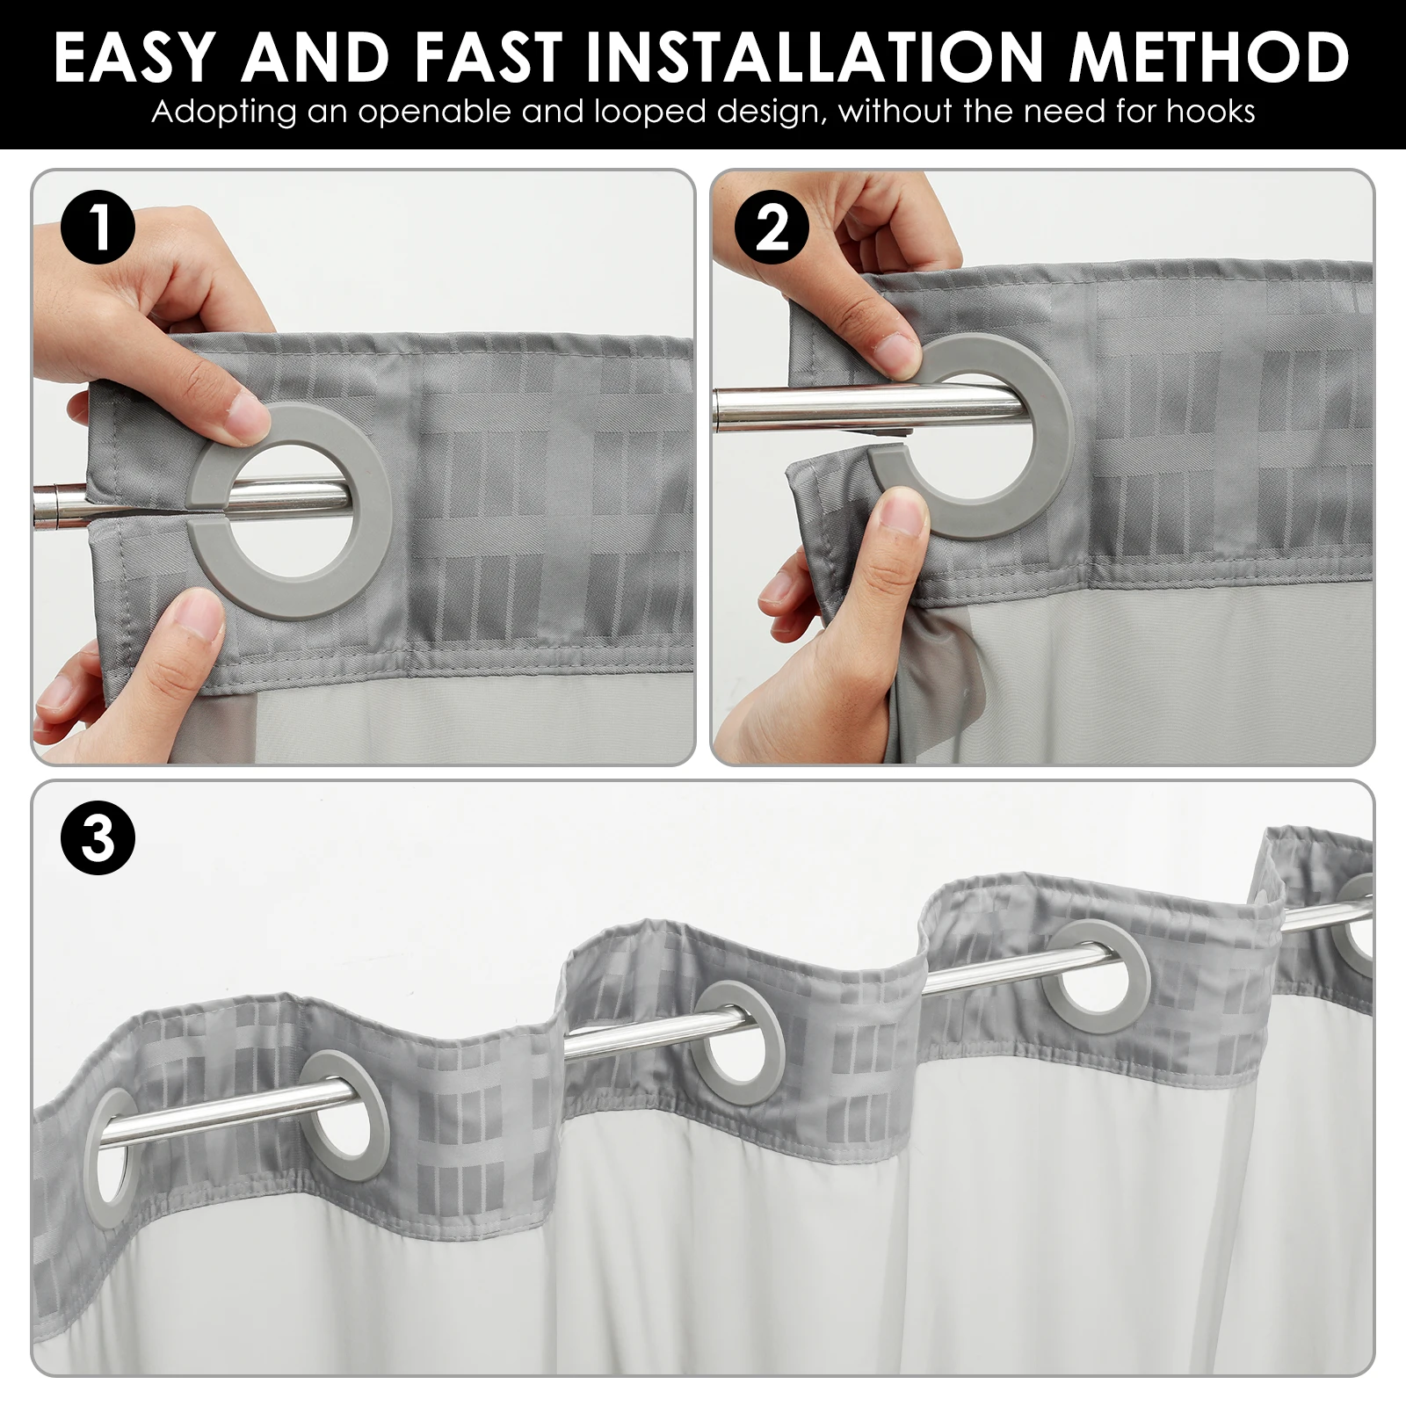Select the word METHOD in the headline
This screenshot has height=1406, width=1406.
(x=1208, y=58)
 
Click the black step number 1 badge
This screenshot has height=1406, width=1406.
(x=98, y=227)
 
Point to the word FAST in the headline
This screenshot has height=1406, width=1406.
(x=489, y=58)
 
